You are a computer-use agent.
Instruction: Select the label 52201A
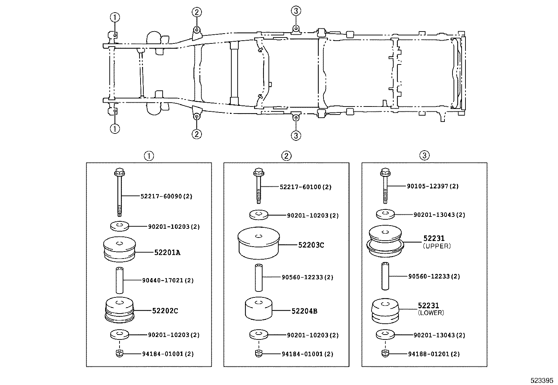pyautogui.click(x=167, y=253)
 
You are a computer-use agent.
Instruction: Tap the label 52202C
pyautogui.click(x=165, y=311)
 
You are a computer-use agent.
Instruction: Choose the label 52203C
pyautogui.click(x=311, y=245)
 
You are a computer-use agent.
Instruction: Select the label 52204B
pyautogui.click(x=304, y=311)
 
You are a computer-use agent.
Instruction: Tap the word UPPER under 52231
pyautogui.click(x=436, y=246)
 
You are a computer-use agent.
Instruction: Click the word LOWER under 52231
pyautogui.click(x=431, y=313)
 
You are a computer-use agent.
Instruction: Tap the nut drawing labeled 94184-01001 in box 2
pyautogui.click(x=258, y=353)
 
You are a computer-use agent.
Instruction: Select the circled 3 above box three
pyautogui.click(x=424, y=156)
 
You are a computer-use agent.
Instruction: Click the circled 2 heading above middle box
pyautogui.click(x=286, y=156)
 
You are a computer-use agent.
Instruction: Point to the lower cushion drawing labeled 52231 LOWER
pyautogui.click(x=385, y=311)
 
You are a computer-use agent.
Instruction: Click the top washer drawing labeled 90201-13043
pyautogui.click(x=385, y=214)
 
